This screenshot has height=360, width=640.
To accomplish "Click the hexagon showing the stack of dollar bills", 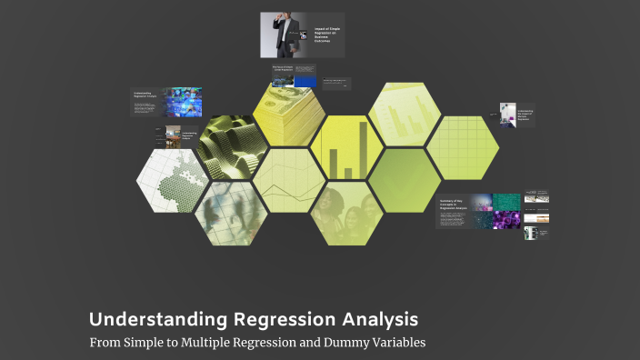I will (289, 116).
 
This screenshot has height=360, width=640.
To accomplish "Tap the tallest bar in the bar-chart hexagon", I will (363, 148).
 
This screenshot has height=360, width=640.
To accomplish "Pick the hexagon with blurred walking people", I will (231, 213).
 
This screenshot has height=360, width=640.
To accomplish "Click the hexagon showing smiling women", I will (346, 213).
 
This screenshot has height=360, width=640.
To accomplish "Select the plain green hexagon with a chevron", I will (404, 180).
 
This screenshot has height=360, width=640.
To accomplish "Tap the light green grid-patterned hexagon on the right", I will (462, 147).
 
